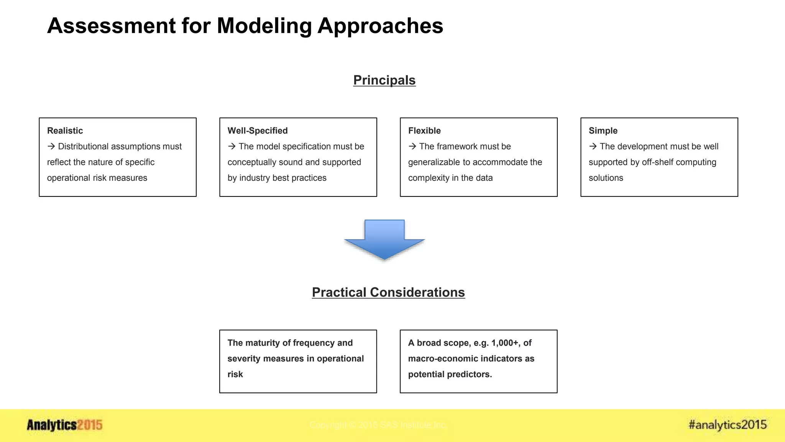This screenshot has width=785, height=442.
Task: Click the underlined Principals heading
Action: (x=384, y=80)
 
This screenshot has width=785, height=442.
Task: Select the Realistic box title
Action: (x=65, y=130)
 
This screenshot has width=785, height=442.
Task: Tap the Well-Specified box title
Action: (x=257, y=130)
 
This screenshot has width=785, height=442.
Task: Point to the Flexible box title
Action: (x=424, y=130)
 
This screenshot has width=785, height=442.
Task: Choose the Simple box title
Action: (x=603, y=130)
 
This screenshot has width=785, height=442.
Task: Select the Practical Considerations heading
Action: (x=388, y=292)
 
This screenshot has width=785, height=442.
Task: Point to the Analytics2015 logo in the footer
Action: (x=64, y=425)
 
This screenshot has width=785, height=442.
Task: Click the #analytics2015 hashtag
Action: (x=727, y=425)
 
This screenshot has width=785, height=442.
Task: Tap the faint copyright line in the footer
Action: (x=378, y=425)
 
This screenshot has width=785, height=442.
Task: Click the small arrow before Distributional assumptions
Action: (x=51, y=146)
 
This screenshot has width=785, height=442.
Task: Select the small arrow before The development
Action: (x=593, y=146)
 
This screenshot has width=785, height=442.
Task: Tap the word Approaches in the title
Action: (x=380, y=26)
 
